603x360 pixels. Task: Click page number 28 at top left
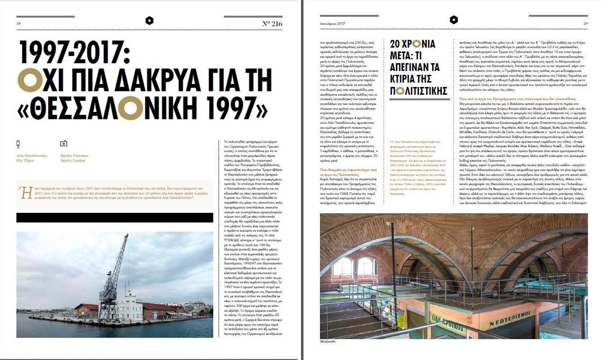pos(18,23)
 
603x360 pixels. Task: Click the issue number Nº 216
pos(272,23)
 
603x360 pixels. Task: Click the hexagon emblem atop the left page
pos(150,20)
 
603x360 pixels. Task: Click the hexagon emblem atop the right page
pos(453,20)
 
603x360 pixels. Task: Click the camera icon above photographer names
pos(63,144)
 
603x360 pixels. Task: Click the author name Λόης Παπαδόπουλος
pos(33,155)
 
